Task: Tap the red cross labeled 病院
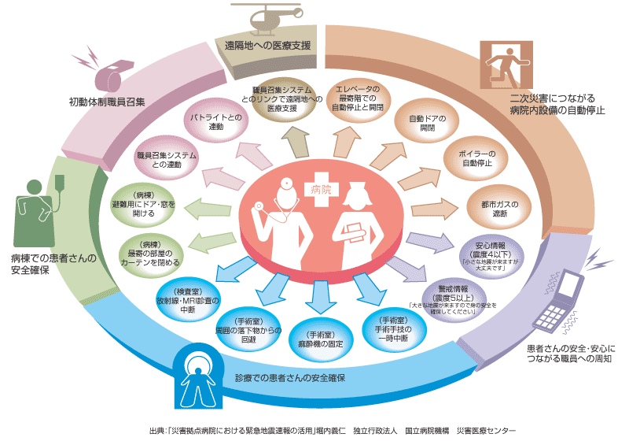coord(320,189)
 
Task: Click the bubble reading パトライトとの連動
coord(211,122)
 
